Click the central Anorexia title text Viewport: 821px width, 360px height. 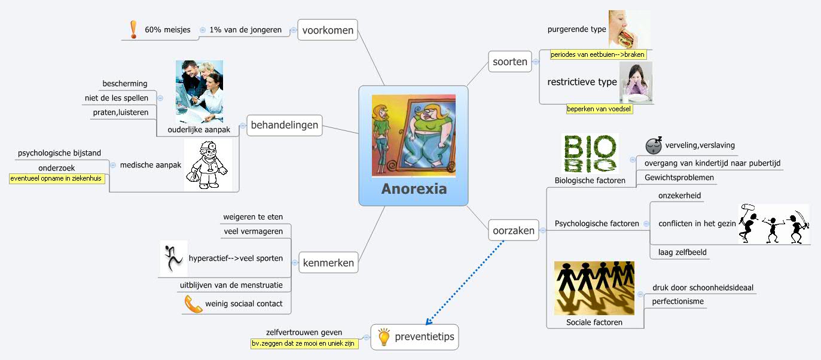click(x=414, y=190)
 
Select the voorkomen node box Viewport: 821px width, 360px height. click(x=328, y=30)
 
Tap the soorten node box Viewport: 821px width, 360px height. click(x=510, y=62)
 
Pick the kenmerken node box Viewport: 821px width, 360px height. click(x=328, y=263)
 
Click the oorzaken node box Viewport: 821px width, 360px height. click(x=513, y=230)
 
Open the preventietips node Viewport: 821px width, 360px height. click(x=417, y=337)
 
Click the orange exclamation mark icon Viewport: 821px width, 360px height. click(x=133, y=29)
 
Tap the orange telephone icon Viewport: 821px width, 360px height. click(x=193, y=304)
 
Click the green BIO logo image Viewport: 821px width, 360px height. click(x=589, y=153)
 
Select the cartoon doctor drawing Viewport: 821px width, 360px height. click(x=207, y=165)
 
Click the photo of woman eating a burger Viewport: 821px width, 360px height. click(x=628, y=29)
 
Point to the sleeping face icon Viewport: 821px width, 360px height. click(x=654, y=145)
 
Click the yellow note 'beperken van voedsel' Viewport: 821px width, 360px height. click(x=600, y=109)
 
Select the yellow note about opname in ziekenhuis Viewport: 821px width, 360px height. click(x=57, y=178)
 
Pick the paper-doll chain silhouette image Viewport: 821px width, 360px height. click(x=594, y=288)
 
